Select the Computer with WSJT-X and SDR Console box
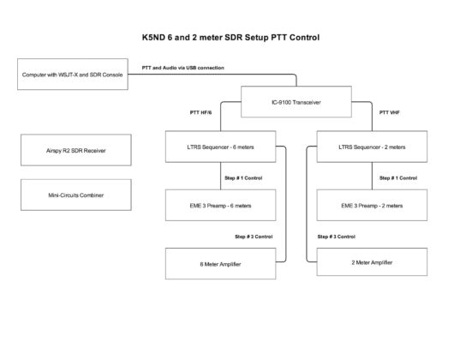click(x=73, y=75)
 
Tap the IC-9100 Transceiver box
click(x=296, y=102)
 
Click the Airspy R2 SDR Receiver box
click(x=76, y=150)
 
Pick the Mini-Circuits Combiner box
click(x=76, y=195)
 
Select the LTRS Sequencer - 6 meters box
click(x=220, y=147)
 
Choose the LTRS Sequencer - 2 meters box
click(x=372, y=147)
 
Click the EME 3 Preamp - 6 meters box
click(x=220, y=205)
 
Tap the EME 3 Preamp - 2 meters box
click(x=372, y=205)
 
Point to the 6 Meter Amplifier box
click(x=220, y=264)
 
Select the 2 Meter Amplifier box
click(x=372, y=262)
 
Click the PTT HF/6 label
click(x=201, y=112)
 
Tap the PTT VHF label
click(x=390, y=112)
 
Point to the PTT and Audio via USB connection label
click(x=183, y=68)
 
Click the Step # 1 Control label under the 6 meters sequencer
click(x=243, y=178)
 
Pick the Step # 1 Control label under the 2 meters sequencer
click(x=398, y=178)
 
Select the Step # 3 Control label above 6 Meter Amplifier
click(x=254, y=237)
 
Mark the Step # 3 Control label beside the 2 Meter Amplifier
click(x=337, y=237)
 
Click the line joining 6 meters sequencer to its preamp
click(x=220, y=176)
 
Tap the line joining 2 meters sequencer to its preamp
click(x=372, y=176)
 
